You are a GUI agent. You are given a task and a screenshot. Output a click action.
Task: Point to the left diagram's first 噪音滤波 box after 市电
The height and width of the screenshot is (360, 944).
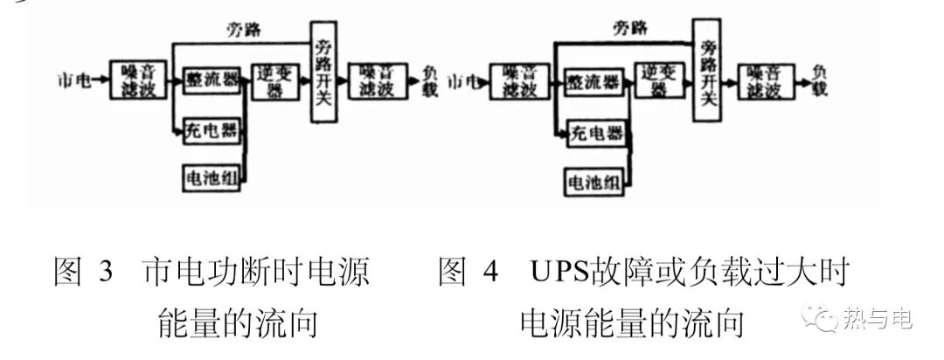(137, 80)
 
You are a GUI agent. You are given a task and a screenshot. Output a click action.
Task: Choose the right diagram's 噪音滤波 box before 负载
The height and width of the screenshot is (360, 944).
(762, 80)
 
